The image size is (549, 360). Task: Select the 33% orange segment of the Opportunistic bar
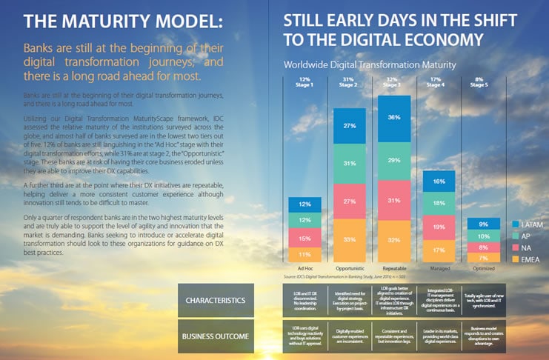[x=351, y=239]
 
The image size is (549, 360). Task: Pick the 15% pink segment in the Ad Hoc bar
[x=305, y=238]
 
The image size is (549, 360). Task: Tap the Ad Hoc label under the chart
[x=304, y=268]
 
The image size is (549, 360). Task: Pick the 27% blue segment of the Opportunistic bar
[x=351, y=126]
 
